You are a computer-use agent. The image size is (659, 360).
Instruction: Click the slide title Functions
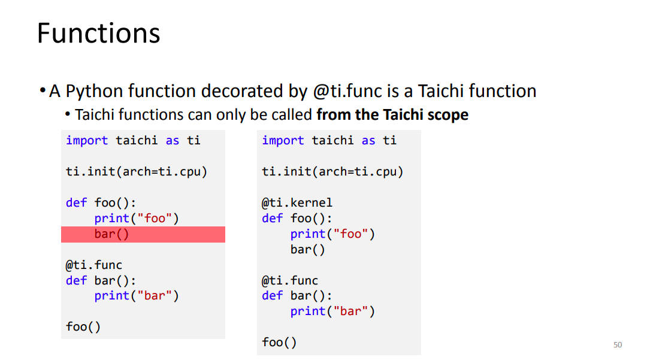pyautogui.click(x=99, y=33)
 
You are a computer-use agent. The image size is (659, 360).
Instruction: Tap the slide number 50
pyautogui.click(x=618, y=345)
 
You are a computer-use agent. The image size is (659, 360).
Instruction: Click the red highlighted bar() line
pyautogui.click(x=143, y=234)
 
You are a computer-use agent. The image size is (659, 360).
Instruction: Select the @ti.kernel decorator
pyautogui.click(x=297, y=203)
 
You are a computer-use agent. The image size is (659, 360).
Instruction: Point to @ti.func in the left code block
pyautogui.click(x=93, y=265)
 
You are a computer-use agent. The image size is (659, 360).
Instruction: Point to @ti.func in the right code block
pyautogui.click(x=290, y=280)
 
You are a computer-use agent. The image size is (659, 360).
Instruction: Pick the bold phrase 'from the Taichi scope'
pyautogui.click(x=392, y=114)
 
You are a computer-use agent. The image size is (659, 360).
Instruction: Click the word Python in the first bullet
pyautogui.click(x=94, y=92)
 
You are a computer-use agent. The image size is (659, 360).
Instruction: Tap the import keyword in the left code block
pyautogui.click(x=87, y=141)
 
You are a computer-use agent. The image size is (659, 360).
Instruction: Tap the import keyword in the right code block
pyautogui.click(x=283, y=141)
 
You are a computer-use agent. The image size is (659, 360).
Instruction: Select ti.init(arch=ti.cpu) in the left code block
pyautogui.click(x=137, y=172)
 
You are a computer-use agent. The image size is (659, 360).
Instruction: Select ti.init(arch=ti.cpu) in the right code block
pyautogui.click(x=332, y=172)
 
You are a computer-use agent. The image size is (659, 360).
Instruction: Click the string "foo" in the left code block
pyautogui.click(x=155, y=219)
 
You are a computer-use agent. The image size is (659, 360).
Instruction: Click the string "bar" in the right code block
pyautogui.click(x=350, y=311)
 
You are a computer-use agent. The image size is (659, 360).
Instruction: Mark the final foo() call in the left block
pyautogui.click(x=83, y=327)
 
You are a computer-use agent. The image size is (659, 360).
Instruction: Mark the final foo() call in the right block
pyautogui.click(x=279, y=343)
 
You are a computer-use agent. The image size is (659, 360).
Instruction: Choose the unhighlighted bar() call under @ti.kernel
pyautogui.click(x=308, y=250)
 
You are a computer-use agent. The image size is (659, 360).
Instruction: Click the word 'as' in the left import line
pyautogui.click(x=173, y=141)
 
